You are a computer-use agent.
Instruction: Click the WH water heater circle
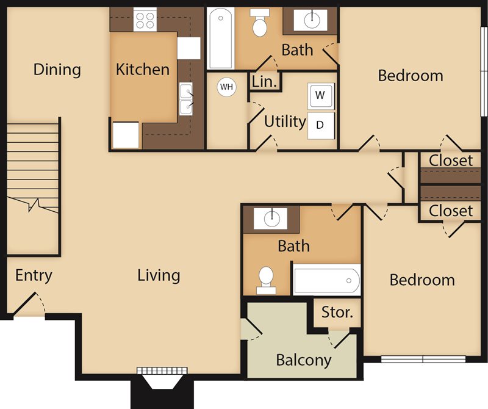coord(226,87)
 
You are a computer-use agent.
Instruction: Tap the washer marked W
coord(321,96)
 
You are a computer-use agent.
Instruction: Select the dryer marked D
coord(321,126)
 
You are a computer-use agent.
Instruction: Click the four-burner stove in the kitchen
coord(145,20)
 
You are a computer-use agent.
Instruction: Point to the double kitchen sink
coord(186,99)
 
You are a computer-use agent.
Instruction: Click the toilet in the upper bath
coord(260,22)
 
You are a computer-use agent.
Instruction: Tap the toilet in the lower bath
coord(266,280)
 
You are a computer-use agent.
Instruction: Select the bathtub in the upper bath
coord(221,38)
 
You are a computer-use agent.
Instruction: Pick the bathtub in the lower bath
coord(327,280)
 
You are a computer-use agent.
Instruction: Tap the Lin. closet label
coord(264,82)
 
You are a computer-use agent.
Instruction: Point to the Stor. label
coord(337,312)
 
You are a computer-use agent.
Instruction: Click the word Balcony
coord(304,360)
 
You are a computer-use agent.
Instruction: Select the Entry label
coord(34,276)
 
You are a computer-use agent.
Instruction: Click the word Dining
coord(57,70)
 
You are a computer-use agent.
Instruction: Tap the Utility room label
coord(285,121)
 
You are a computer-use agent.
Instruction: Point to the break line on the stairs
coord(33,204)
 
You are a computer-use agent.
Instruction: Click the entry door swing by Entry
coord(30,303)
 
